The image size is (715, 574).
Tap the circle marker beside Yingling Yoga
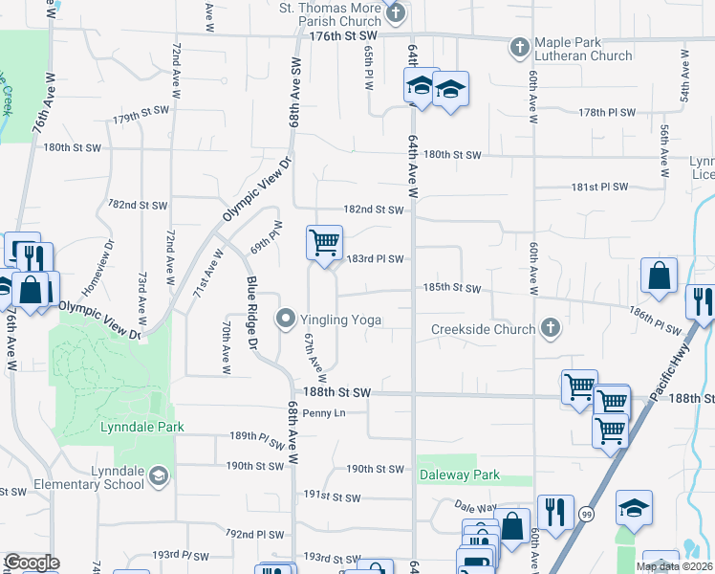point(285,320)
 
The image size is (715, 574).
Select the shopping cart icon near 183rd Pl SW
point(324,243)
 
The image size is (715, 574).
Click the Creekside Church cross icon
point(550,329)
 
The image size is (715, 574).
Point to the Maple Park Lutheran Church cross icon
point(519,47)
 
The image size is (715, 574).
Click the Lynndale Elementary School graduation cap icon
point(159,477)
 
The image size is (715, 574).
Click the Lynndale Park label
point(133,427)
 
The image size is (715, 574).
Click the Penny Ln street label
point(324,413)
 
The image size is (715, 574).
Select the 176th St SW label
point(344,35)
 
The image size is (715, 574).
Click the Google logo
point(31,563)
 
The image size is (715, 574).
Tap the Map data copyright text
point(674,566)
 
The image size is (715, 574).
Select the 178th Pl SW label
point(607,112)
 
